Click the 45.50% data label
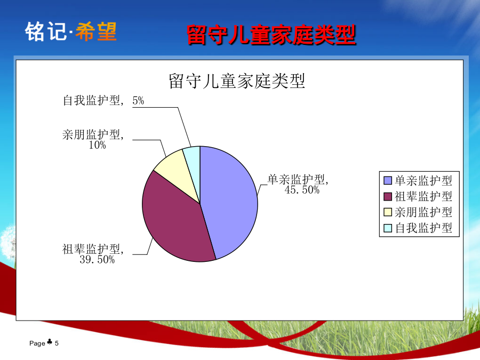pos(302,190)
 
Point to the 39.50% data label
pos(97,260)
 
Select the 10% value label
pos(98,145)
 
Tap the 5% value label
pos(138,100)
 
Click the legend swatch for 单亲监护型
pos(388,181)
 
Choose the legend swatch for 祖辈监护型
pos(388,196)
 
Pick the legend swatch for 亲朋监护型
pos(388,212)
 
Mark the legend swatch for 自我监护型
pos(388,228)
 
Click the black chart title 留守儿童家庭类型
pos(237,81)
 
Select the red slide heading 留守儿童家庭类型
pos(271,35)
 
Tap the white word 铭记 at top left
pos(46,31)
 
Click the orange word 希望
pos(96,31)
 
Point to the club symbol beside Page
pos(50,342)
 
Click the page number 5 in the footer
pos(57,343)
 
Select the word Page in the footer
pos(37,343)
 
